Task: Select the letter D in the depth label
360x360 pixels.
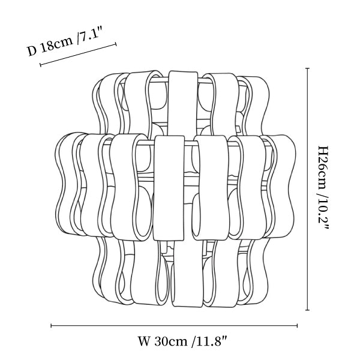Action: point(32,51)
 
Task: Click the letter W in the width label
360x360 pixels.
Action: point(144,341)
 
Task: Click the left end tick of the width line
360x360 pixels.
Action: point(51,326)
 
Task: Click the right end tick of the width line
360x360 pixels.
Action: point(298,326)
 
